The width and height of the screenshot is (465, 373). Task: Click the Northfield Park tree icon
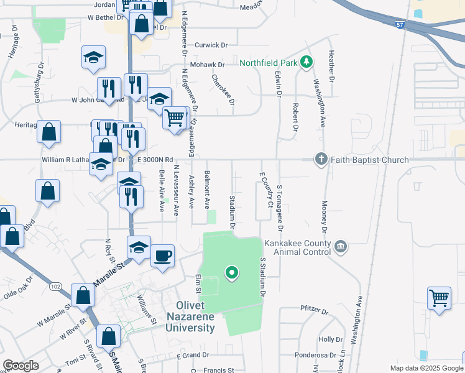[306, 62]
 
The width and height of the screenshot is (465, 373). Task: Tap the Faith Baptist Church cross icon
[321, 159]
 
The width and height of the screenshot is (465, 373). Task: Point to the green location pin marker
[232, 272]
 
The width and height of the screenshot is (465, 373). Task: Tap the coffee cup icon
[163, 256]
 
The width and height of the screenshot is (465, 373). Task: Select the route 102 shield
[56, 286]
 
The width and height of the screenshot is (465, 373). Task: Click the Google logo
[21, 366]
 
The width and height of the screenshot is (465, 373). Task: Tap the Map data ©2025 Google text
[426, 368]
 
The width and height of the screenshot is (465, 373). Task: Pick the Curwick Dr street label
[212, 45]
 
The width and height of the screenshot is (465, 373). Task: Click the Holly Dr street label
[326, 339]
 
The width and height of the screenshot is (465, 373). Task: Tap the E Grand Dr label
[193, 356]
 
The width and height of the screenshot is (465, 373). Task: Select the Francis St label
[218, 370]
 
